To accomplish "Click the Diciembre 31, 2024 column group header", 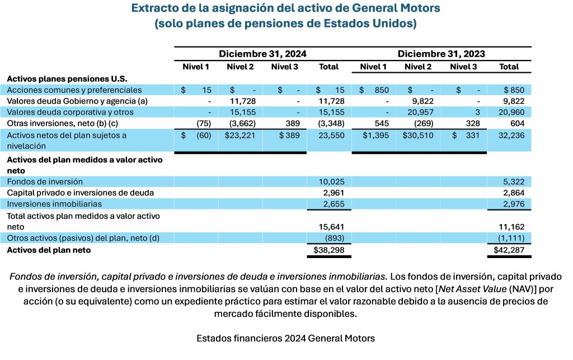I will [x=262, y=54].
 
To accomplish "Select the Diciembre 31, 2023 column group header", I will [x=441, y=54].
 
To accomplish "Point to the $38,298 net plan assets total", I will [x=328, y=250].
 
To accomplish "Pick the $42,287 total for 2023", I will [x=508, y=250].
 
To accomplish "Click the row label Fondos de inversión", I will [x=45, y=181].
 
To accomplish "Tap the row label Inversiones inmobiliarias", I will [x=54, y=204].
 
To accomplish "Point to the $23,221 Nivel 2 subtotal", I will [x=240, y=135].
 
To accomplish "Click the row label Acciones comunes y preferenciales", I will [x=74, y=90].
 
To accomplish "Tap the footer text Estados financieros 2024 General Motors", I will [x=286, y=338].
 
